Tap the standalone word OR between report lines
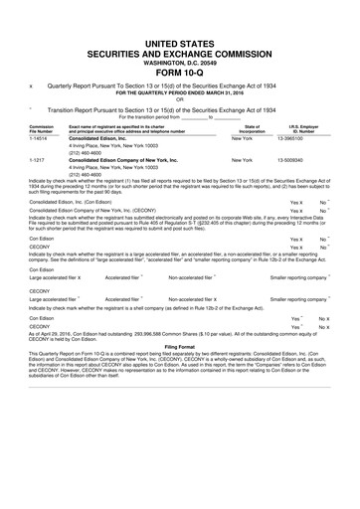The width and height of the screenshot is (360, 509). [179, 100]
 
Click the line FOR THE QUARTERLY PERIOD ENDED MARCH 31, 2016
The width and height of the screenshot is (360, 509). [179, 93]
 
